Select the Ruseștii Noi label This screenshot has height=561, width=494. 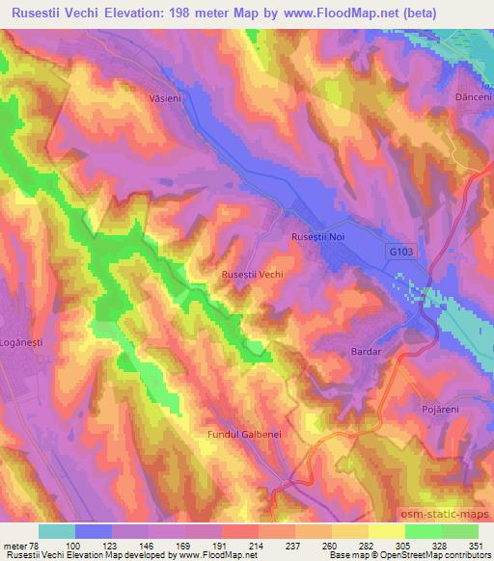317,236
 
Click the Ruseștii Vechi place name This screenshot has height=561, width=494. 252,275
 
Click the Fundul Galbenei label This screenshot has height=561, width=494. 244,435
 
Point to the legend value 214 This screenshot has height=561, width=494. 257,545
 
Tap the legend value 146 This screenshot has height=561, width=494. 148,545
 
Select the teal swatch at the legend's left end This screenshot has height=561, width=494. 57,531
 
